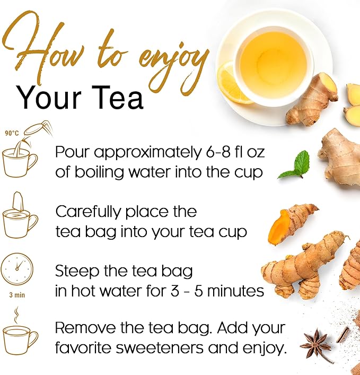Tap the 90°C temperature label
pos(11,133)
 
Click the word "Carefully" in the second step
pos(89,212)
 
